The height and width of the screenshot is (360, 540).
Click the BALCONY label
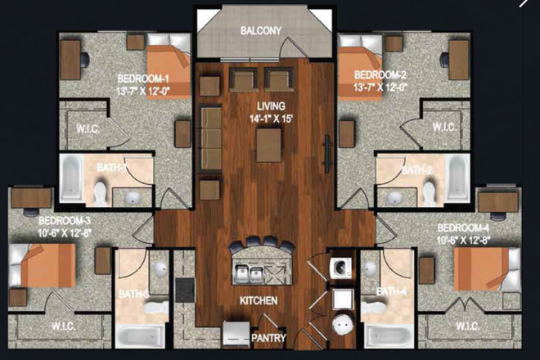tap(261, 31)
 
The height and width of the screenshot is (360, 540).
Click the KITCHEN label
tap(259, 301)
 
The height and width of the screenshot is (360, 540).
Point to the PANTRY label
tap(268, 337)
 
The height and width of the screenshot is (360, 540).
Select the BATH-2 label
tap(413, 171)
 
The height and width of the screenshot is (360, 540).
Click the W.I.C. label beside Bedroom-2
tap(444, 128)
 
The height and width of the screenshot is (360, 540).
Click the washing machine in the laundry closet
tap(340, 267)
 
